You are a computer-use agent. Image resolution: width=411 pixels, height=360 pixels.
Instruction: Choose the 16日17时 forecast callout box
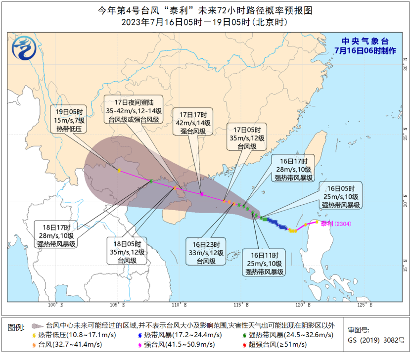[x=294, y=169]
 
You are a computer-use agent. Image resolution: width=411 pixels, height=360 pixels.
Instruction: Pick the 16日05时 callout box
[x=341, y=196]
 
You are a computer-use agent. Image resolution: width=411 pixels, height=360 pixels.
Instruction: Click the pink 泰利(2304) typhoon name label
[x=335, y=224]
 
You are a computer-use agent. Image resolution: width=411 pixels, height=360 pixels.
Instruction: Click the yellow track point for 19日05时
[x=119, y=171]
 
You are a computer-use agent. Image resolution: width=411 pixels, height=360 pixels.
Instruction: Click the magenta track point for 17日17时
[x=202, y=194]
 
